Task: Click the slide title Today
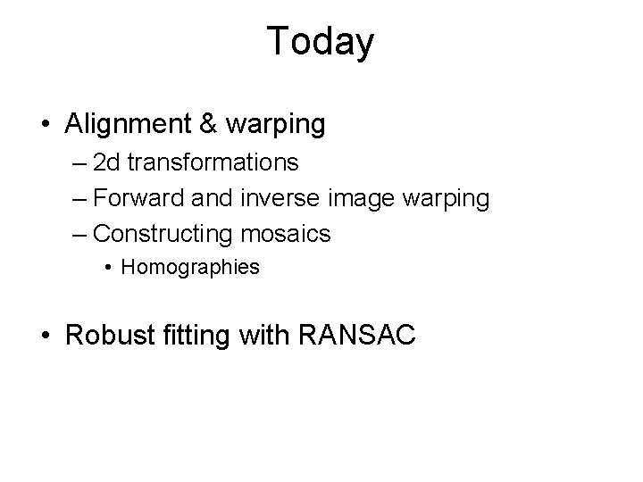[x=321, y=41]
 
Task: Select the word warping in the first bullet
[x=278, y=126]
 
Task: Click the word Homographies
[x=190, y=267]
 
